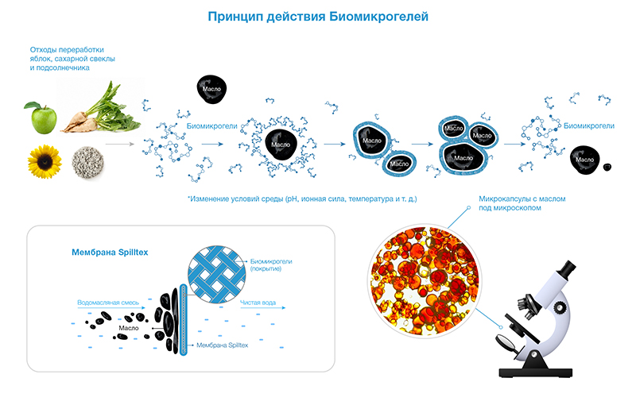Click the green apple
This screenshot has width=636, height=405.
[43, 118]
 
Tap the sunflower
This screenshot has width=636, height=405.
[45, 161]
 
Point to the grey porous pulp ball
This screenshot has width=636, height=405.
[87, 163]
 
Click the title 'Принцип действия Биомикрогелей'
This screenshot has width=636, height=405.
[318, 17]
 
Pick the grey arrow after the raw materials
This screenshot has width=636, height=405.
[120, 144]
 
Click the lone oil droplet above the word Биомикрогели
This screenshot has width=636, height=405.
[211, 89]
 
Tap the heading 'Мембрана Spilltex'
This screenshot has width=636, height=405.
[110, 253]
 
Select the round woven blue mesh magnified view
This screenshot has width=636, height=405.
[217, 274]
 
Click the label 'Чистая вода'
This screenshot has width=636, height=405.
[258, 303]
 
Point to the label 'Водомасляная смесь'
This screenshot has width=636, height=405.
[108, 303]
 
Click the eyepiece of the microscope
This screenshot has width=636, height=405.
[567, 268]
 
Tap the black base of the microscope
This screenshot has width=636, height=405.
[535, 372]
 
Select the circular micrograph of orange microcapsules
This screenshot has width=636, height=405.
[425, 280]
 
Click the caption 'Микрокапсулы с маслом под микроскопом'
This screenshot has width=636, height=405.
[522, 203]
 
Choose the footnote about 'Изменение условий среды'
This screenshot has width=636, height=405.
[302, 199]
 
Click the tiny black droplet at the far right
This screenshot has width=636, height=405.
[607, 167]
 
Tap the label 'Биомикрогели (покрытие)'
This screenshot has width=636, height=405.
[271, 265]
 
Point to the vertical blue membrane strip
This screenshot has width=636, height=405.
[183, 319]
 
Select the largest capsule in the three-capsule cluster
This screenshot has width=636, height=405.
[463, 158]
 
